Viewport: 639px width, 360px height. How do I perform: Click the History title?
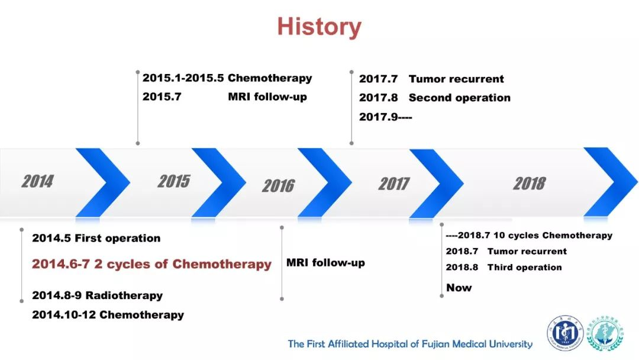(319, 27)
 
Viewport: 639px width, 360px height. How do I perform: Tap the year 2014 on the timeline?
(37, 181)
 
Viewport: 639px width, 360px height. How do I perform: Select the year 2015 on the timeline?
(174, 181)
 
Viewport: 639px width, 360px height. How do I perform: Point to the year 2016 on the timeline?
(278, 186)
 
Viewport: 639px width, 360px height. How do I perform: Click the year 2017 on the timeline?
(393, 184)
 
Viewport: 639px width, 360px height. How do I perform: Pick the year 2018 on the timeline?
(530, 184)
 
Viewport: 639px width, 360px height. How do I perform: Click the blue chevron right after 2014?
(103, 182)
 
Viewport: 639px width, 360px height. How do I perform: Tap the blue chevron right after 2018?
(611, 182)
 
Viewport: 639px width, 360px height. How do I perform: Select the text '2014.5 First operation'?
(96, 238)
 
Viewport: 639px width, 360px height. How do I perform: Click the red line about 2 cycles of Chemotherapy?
(151, 264)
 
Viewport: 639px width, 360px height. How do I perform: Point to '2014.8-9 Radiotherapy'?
(98, 295)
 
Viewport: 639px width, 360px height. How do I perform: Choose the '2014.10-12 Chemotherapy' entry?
(108, 315)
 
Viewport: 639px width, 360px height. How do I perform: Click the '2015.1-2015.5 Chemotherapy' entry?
(227, 78)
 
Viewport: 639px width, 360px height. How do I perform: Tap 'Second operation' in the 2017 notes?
(460, 98)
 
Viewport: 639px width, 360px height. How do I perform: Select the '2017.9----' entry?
(386, 117)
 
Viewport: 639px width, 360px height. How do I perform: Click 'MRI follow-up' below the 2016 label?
(325, 262)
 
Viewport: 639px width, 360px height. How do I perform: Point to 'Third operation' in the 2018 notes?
(524, 268)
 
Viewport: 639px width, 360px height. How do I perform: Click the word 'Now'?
(459, 288)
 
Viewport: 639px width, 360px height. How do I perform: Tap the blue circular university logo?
(565, 333)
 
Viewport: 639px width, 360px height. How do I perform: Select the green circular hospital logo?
(605, 333)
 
